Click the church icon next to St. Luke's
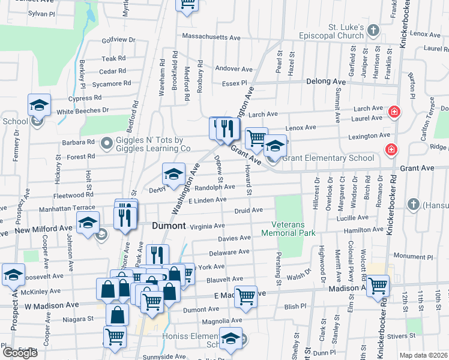pos(373,30)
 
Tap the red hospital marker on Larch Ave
pos(394,111)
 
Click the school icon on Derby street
pos(173,174)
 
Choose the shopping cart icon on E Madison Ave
pos(246,296)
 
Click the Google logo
pos(20,353)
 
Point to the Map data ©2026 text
pos(424,355)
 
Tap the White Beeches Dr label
pos(83,111)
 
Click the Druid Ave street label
pos(249,211)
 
